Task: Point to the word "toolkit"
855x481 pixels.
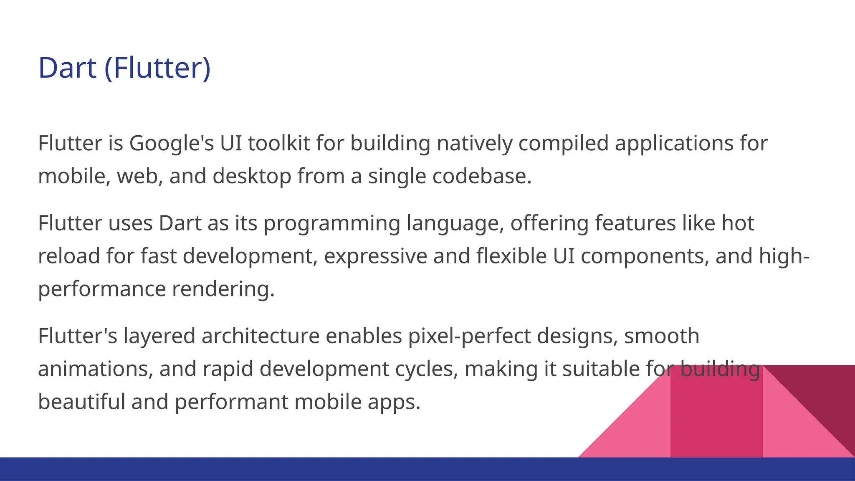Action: point(279,143)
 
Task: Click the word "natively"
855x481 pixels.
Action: point(474,143)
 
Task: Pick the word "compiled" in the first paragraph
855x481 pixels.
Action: point(564,143)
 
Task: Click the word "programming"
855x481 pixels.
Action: point(332,223)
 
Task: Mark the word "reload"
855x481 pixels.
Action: point(69,256)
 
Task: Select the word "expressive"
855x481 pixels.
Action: point(375,256)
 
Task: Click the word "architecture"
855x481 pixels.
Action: point(261,336)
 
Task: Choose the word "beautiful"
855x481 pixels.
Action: point(82,402)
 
